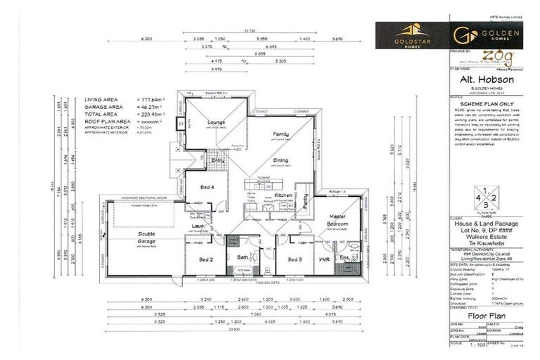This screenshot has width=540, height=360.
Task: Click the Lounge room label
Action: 215,122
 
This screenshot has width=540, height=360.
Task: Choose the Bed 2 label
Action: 206,259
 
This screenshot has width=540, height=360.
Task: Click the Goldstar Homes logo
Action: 409,33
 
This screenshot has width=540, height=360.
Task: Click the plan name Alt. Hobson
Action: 483,80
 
